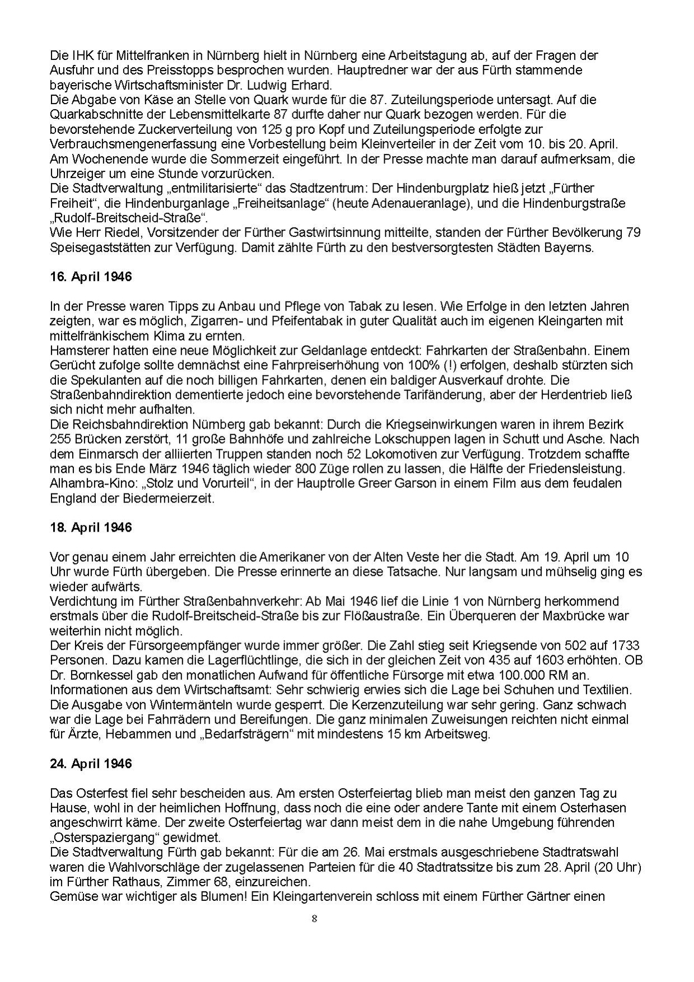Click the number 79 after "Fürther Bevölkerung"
632,232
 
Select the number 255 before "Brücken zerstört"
60,439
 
